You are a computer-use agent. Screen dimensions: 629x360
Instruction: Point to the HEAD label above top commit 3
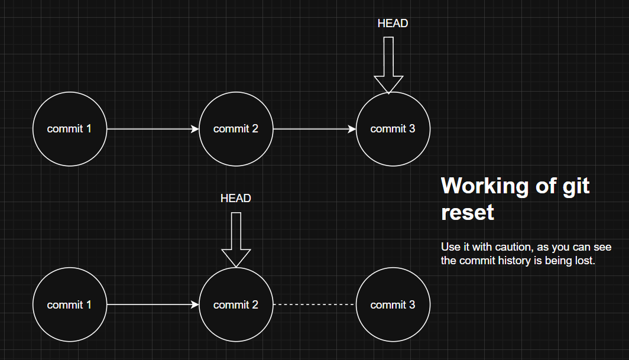[393, 24]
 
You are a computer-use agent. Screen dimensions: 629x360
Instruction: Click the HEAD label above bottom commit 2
[236, 198]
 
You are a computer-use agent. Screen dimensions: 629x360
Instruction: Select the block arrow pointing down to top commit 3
[388, 65]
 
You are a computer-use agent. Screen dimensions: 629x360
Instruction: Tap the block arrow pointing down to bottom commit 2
[236, 240]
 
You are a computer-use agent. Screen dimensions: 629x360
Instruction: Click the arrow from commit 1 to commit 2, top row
[153, 129]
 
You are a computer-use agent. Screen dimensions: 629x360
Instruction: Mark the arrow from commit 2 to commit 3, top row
[314, 129]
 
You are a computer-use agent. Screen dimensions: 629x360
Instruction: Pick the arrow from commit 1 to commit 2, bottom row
[153, 304]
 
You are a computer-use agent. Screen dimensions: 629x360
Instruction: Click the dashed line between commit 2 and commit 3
[314, 304]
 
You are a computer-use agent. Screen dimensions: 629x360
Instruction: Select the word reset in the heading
[468, 212]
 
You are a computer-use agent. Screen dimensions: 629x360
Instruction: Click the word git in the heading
[576, 187]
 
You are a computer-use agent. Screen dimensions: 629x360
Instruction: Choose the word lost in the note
[585, 261]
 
